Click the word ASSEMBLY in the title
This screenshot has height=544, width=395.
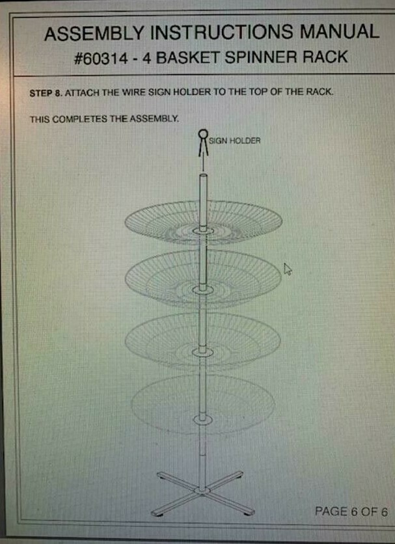pos(94,33)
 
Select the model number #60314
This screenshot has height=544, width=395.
pos(101,58)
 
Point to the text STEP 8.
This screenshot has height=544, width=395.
pos(46,93)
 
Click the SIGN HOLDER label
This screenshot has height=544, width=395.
pos(234,141)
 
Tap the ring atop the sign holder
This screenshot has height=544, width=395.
pos(203,133)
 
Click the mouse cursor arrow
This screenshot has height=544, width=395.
pos(288,269)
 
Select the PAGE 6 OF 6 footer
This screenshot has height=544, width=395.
pos(351,511)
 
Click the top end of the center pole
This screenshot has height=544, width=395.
pos(203,175)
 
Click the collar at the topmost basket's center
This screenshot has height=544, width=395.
pos(203,230)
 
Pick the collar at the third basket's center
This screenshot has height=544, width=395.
pos(203,352)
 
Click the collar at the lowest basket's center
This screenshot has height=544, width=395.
pos(203,419)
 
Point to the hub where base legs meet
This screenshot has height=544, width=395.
pos(202,490)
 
